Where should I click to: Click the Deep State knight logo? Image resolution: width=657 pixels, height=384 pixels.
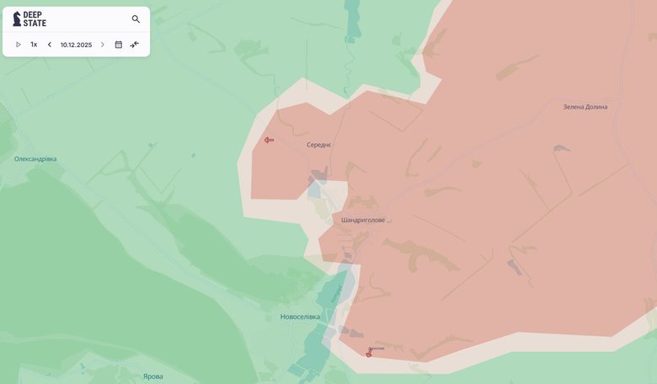17,19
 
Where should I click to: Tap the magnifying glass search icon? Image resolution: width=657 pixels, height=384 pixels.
136,19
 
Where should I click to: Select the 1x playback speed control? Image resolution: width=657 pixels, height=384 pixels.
34,45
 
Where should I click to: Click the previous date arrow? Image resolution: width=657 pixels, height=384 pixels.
49,45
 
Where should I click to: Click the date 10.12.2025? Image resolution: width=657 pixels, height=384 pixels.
76,45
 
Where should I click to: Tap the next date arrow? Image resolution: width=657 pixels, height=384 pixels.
103,45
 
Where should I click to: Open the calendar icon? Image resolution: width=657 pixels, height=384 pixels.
118,45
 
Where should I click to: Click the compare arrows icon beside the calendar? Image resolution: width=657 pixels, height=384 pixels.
135,45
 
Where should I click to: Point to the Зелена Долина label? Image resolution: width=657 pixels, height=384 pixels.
585,107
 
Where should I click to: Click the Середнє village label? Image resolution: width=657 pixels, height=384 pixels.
319,145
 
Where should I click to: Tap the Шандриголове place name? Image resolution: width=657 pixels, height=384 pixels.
363,220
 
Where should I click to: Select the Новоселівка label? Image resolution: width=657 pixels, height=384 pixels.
300,317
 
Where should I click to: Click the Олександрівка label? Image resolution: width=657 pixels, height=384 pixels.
35,159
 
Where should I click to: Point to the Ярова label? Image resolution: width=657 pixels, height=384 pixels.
152,376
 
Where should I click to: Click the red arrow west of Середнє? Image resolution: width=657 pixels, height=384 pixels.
269,140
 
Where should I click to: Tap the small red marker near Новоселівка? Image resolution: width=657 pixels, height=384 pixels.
368,354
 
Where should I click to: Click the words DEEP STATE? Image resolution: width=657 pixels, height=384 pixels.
35,19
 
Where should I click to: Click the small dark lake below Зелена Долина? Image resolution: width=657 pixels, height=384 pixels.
560,149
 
